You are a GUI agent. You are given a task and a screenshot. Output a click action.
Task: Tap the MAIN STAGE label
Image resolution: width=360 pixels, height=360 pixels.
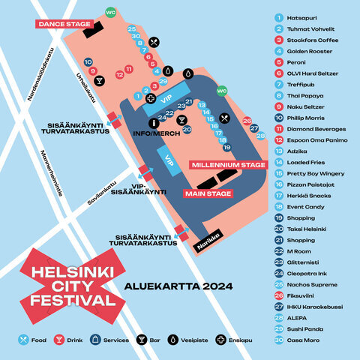tap(208, 193)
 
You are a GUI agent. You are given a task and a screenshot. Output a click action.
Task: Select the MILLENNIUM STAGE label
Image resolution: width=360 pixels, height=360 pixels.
tap(228, 164)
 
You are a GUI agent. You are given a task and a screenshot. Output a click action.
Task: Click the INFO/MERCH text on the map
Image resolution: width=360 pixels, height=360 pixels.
tap(153, 134)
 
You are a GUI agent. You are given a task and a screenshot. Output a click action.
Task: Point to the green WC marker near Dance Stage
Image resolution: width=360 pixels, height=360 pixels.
tap(110, 13)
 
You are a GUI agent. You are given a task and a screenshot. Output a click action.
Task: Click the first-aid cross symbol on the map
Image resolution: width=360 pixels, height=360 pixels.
tap(151, 98)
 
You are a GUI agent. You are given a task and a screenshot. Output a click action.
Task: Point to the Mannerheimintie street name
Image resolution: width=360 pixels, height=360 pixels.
tap(51, 172)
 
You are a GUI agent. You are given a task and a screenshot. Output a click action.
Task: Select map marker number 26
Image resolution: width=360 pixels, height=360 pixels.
tap(247, 121)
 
